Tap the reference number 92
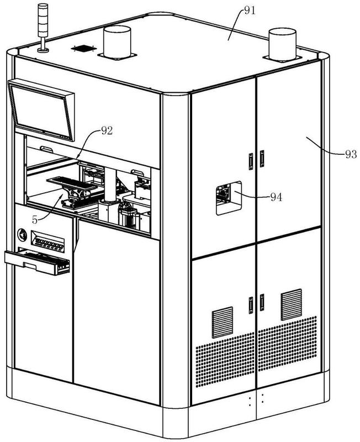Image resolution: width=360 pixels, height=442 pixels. (107, 131)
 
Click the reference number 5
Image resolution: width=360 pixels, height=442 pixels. (35, 219)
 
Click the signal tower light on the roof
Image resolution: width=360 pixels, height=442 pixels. (42, 28)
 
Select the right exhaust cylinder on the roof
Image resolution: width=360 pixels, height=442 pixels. (282, 44)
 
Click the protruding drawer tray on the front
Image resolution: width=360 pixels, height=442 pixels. (38, 261)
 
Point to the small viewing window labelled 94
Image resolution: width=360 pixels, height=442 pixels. (228, 197)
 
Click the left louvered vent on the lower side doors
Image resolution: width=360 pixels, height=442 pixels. (223, 323)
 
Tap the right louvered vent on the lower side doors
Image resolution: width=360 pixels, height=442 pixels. (291, 304)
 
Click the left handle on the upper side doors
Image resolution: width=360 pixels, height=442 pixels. (250, 161)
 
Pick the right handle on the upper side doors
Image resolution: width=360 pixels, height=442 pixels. (262, 159)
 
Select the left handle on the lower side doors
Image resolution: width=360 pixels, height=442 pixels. (251, 304)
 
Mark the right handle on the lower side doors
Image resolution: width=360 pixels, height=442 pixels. (262, 302)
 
